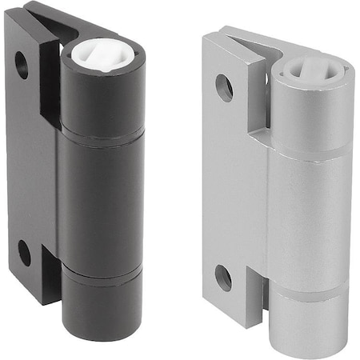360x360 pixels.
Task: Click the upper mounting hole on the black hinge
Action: coord(22,65)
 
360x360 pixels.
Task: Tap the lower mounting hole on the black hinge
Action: coord(24,253)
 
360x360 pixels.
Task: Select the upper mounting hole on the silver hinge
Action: coord(225,87)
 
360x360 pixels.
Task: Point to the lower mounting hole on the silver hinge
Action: coord(224,278)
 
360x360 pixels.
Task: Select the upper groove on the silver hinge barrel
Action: coord(310,150)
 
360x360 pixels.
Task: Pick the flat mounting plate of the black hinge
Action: coord(30,160)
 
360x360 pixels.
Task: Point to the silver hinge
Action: coord(276,192)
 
